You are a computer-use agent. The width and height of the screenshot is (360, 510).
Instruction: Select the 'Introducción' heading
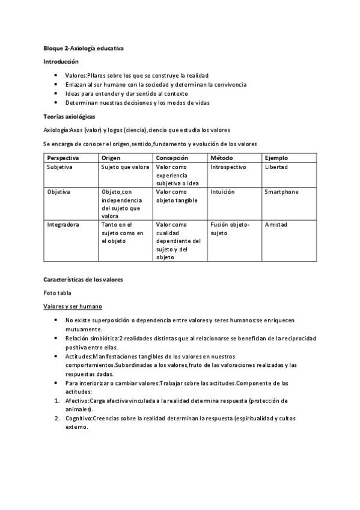[x=61, y=61]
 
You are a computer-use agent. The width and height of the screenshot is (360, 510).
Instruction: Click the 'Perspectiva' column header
[x=62, y=158]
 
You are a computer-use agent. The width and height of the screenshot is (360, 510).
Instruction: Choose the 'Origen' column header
[x=111, y=158]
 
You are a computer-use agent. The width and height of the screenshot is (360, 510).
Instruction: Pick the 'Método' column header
[x=221, y=158]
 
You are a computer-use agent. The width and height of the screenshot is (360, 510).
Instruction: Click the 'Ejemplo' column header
[x=276, y=158]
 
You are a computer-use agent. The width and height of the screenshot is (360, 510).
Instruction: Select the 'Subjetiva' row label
[x=59, y=167]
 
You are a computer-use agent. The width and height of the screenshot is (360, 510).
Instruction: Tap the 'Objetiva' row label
[x=58, y=192]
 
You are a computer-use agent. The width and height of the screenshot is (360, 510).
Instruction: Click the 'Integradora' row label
[x=63, y=224]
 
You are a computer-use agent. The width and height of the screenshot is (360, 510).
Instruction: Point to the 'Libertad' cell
[x=276, y=167]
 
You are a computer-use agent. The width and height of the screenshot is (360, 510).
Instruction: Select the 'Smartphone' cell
[x=281, y=192]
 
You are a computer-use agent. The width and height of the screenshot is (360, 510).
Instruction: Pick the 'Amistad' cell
[x=276, y=224]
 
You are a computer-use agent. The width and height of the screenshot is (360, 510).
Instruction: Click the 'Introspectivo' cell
[x=230, y=167]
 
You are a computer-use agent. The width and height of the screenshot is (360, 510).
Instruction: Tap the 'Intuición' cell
[x=222, y=192]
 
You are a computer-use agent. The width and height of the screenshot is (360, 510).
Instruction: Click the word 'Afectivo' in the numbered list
[x=77, y=400]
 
